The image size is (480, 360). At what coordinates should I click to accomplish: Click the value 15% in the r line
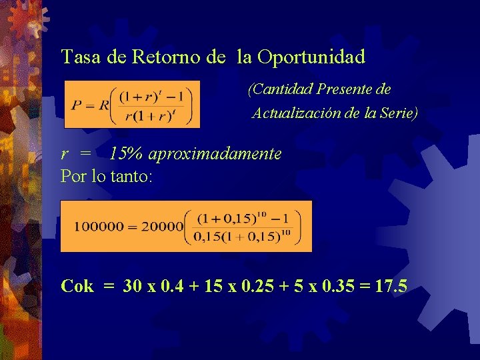[127, 155]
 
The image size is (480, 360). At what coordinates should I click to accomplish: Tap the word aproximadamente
[215, 155]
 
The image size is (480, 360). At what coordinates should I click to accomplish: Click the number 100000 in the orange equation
[99, 226]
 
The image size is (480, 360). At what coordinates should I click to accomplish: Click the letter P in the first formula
[77, 104]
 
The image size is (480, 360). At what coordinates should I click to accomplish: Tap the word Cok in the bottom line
[77, 287]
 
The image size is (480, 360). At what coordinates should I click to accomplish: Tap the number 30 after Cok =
[133, 287]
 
